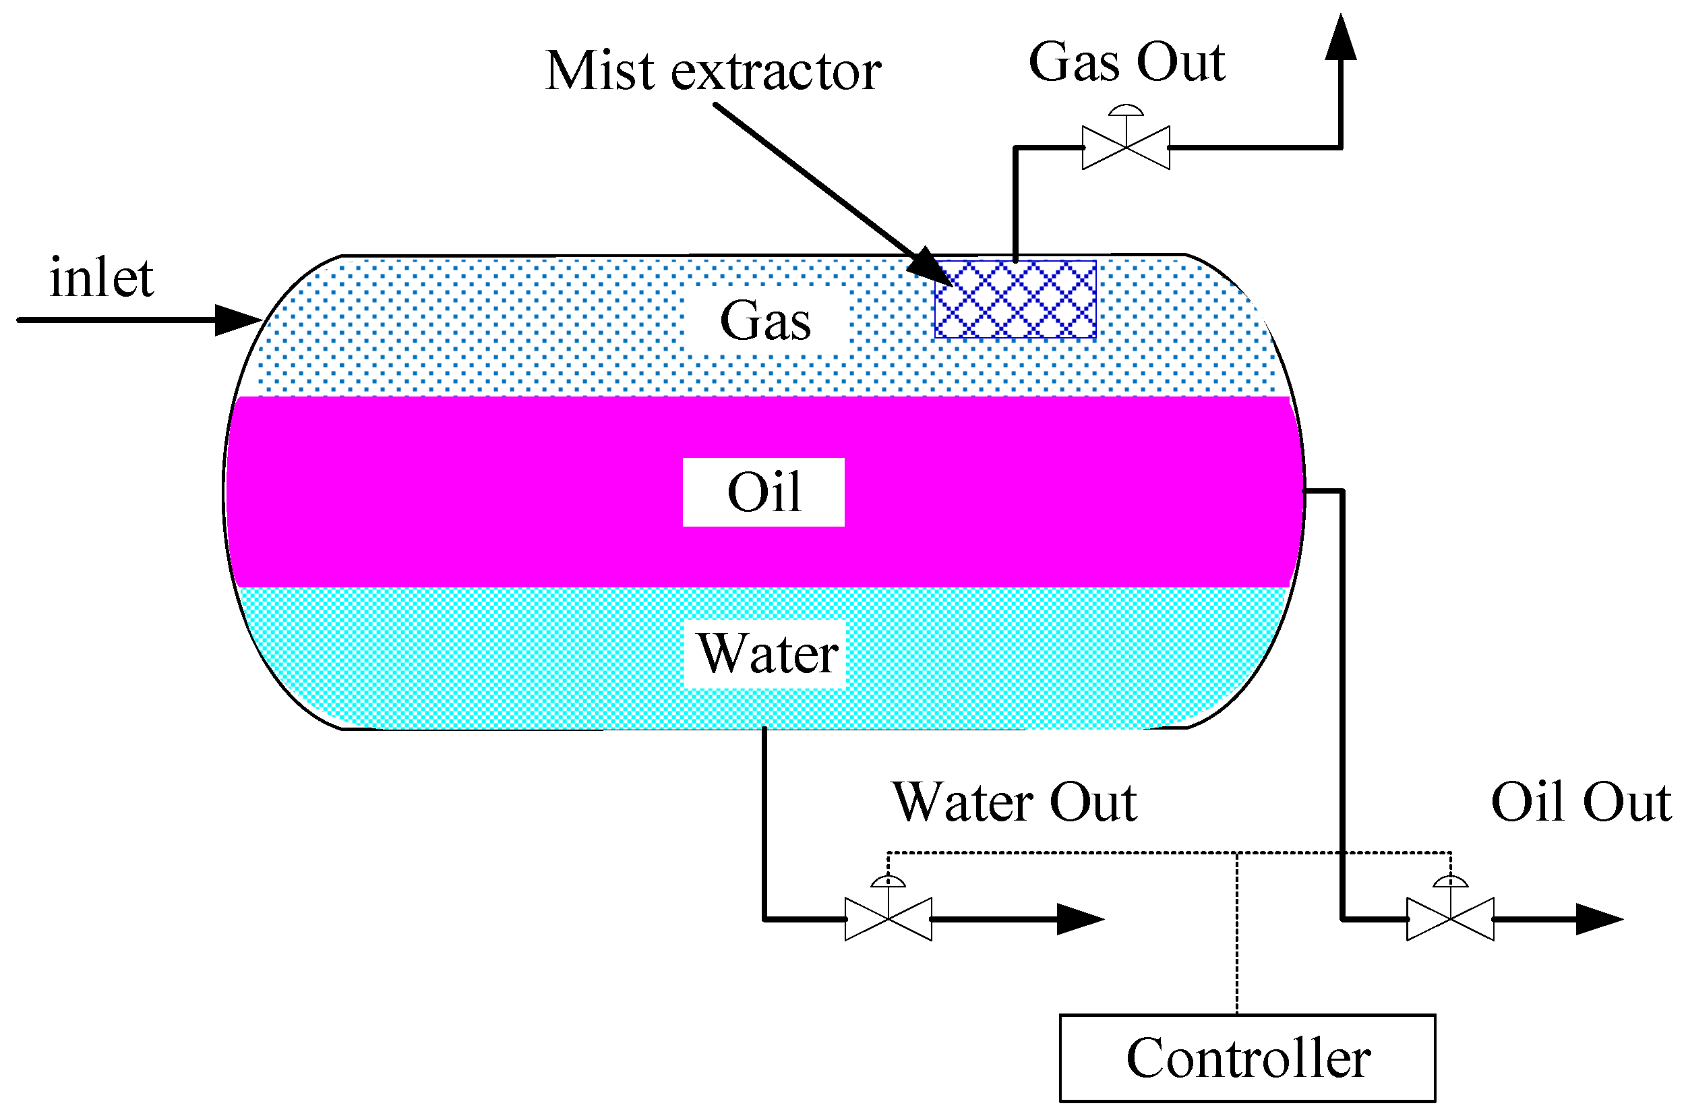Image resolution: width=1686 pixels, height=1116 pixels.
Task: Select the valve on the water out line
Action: pos(888,919)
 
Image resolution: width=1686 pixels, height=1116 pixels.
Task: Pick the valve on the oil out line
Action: pos(1450,919)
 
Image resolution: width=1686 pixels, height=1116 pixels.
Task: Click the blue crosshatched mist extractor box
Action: pos(1015,299)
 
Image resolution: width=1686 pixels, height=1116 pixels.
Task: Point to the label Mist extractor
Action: pos(713,71)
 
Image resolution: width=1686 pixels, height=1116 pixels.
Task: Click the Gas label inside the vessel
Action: pos(764,320)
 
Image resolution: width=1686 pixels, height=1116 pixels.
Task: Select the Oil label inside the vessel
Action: pos(763,492)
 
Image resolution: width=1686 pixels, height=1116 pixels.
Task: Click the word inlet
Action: pos(101,278)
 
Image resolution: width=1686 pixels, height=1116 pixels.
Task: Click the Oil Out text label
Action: pos(1581,802)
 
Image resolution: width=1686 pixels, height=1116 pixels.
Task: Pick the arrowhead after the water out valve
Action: pos(1079,919)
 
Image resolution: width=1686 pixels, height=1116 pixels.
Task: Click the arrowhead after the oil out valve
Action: pos(1598,919)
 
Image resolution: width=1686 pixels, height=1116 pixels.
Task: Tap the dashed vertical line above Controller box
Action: pos(1236,939)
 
